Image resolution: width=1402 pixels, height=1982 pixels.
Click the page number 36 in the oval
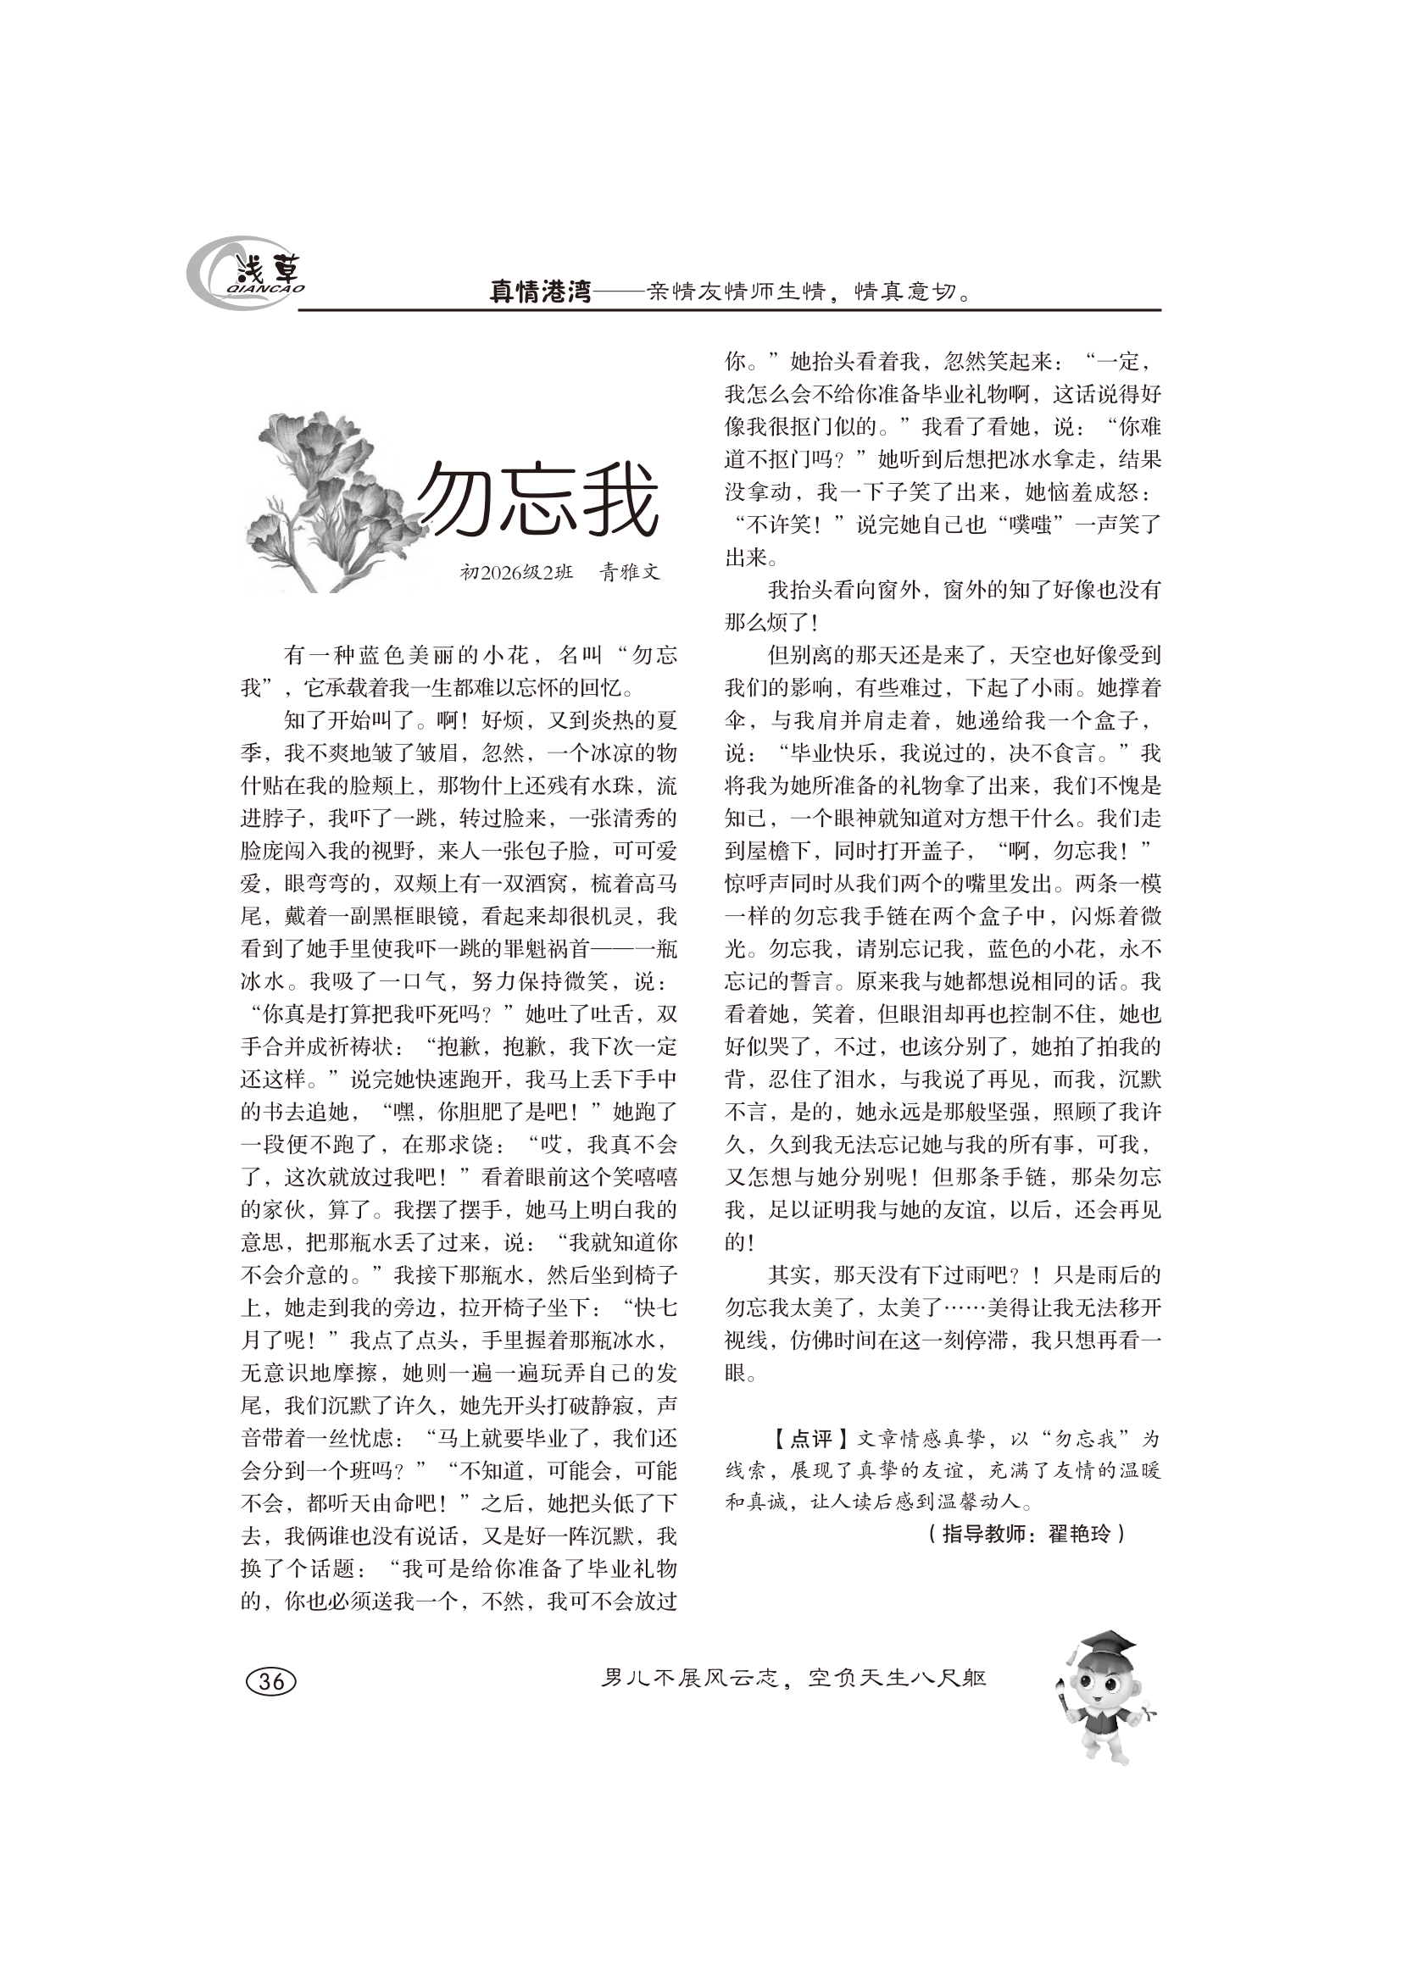[x=271, y=1680]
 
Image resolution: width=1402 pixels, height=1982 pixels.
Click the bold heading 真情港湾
[x=541, y=292]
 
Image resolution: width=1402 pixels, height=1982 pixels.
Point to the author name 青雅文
[x=630, y=571]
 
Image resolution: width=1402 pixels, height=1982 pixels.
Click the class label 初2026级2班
[x=516, y=571]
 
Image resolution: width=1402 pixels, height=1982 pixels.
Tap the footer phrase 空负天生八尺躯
[x=898, y=1678]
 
